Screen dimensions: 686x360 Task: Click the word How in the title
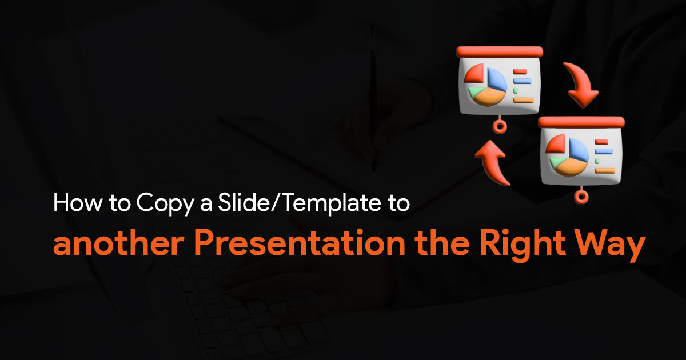[78, 202]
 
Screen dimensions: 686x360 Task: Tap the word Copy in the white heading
[165, 204]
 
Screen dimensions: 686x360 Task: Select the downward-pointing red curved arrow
[581, 85]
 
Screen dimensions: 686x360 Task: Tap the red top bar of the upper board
[500, 52]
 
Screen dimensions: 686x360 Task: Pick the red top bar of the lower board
[581, 122]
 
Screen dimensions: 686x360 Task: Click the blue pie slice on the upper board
[496, 79]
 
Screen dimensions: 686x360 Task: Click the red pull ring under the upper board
[500, 126]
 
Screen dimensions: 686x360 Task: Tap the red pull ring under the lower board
[581, 196]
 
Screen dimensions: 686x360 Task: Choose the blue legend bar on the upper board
[522, 81]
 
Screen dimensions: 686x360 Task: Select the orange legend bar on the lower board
[605, 170]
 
